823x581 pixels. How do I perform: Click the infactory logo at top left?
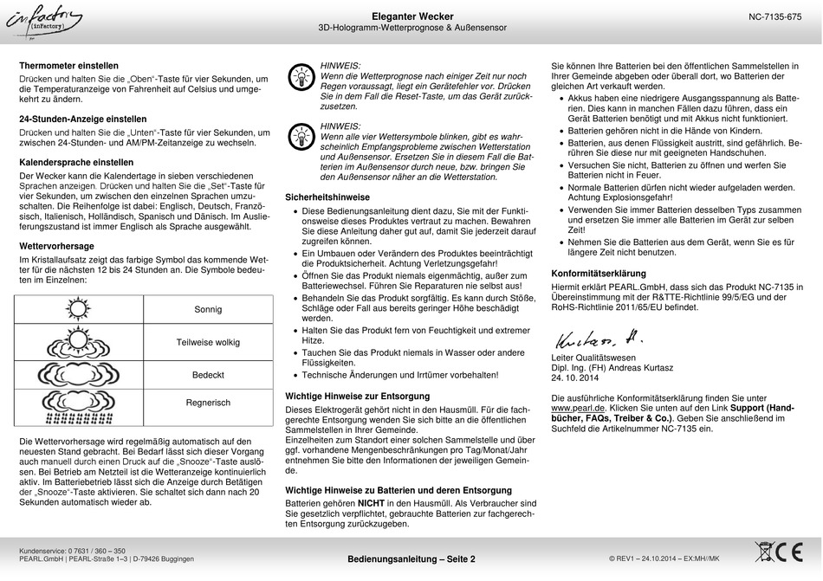tap(45, 23)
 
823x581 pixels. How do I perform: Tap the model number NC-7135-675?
tap(774, 17)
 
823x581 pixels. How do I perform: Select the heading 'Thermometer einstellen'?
tap(68, 65)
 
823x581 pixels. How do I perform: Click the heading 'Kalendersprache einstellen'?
tap(76, 162)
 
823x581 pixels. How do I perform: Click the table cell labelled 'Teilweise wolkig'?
tap(208, 342)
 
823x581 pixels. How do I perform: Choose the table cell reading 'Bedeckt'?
tap(208, 375)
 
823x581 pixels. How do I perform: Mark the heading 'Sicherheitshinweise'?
tap(327, 197)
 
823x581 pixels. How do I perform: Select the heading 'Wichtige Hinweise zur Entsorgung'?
tap(357, 396)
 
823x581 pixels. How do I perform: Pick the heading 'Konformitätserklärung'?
tap(599, 274)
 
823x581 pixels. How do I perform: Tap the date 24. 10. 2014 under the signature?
tap(575, 378)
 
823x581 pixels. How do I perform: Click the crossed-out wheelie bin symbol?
tap(766, 552)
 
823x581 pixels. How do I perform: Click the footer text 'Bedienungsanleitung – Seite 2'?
tap(411, 559)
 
